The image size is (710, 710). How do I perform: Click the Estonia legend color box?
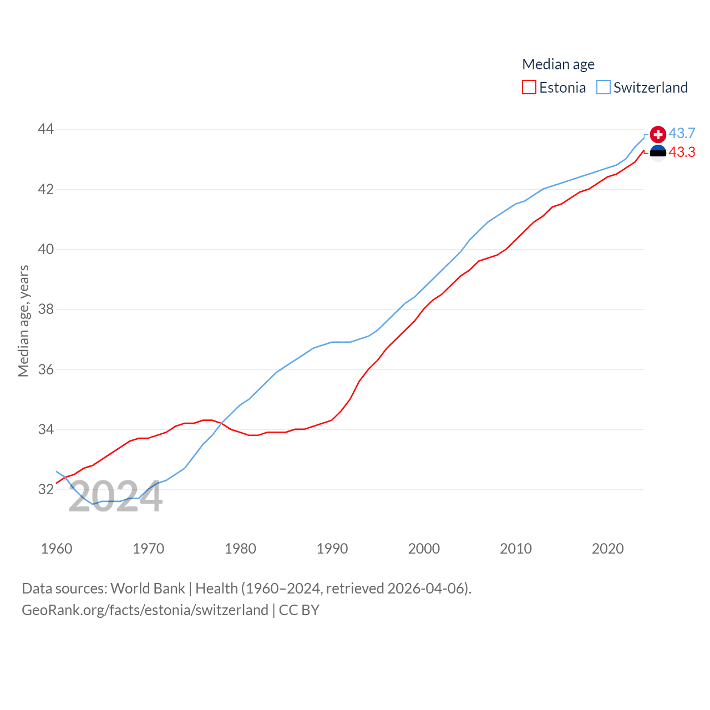coord(529,88)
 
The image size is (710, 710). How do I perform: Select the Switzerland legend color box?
coord(603,88)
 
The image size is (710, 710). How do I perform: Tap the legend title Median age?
coord(558,64)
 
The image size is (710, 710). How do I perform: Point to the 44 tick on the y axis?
coord(45,129)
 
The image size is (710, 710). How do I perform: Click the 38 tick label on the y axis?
coord(45,309)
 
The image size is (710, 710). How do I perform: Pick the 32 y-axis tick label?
coord(45,489)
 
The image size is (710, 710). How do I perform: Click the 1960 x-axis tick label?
coord(57,549)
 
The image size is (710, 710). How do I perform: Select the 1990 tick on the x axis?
coord(332,549)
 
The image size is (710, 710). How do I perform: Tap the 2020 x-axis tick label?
coord(608,549)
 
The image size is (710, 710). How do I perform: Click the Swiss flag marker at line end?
coord(658,134)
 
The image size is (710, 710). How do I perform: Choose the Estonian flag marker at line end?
coord(658,153)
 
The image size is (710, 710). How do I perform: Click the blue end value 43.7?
coord(682,134)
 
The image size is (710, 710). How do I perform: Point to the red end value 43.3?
coord(682,153)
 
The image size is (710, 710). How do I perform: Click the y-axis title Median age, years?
coord(23,321)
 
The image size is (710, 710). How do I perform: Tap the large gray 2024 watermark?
coord(115,497)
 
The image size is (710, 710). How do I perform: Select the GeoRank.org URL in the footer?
coord(145,610)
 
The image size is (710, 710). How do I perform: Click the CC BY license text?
coord(299,610)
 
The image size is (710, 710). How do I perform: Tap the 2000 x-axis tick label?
coord(424,549)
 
